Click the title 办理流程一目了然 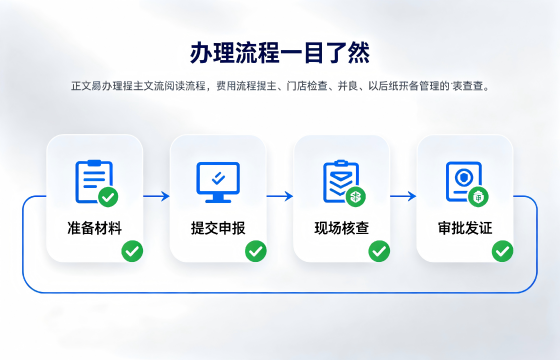click(x=280, y=53)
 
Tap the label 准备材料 click(x=95, y=228)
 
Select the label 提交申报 click(x=218, y=228)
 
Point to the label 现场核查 click(x=341, y=228)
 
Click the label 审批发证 click(x=465, y=228)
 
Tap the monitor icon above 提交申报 click(x=218, y=182)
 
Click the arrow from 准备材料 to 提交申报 click(x=156, y=196)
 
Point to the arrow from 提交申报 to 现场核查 click(x=280, y=196)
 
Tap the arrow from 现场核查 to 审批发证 click(x=403, y=196)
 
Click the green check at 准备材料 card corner click(x=132, y=251)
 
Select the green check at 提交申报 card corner click(x=256, y=251)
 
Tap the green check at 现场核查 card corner click(x=379, y=251)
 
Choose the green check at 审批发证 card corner click(x=502, y=251)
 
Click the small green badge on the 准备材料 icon click(x=108, y=197)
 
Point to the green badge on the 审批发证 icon click(x=479, y=197)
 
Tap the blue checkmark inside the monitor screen click(x=218, y=178)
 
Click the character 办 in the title click(x=201, y=53)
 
